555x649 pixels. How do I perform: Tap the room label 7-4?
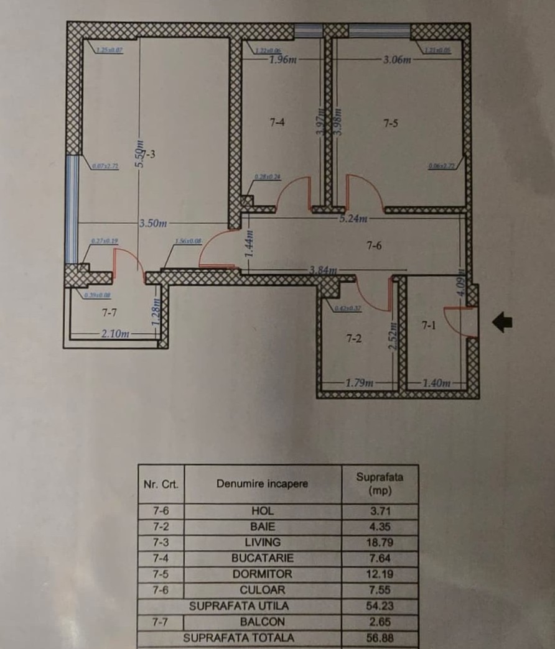[x=277, y=123]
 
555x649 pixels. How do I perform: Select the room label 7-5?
[x=391, y=123]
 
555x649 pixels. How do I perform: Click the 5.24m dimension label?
[x=355, y=218]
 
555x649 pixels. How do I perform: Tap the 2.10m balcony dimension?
[x=116, y=334]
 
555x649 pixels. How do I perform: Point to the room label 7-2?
[x=353, y=339]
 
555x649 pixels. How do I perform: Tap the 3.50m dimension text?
[x=151, y=223]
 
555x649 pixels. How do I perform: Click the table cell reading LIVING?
[x=263, y=542]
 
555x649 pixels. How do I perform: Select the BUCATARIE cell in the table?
[x=263, y=558]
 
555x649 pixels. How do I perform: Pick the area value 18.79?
[x=379, y=542]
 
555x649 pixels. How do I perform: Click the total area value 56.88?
[x=379, y=638]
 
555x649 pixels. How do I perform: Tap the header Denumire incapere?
[x=263, y=484]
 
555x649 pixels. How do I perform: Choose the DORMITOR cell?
[x=263, y=574]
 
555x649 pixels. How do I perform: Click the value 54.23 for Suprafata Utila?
[x=379, y=605]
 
